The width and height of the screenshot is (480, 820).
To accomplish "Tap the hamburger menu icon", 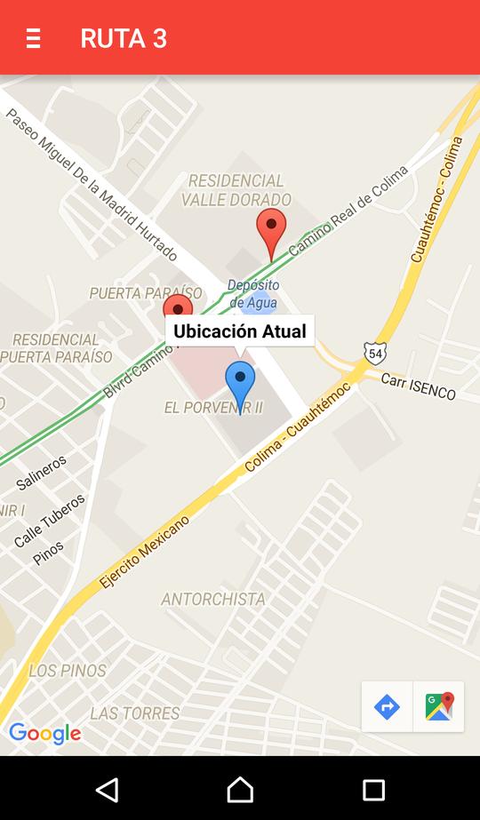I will point(33,38).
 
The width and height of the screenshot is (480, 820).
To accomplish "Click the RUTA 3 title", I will point(124,38).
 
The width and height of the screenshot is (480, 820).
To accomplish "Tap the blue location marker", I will point(240,384).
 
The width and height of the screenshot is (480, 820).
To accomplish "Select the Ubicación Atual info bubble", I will point(240,331).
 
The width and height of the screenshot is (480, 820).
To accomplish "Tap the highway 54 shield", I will point(375,351).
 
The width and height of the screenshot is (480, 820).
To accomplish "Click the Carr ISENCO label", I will point(418,386).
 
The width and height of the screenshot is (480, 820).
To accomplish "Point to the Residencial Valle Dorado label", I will point(236,190).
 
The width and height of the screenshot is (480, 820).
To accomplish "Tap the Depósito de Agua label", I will point(252,294).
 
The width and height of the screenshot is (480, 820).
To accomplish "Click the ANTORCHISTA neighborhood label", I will point(213,600).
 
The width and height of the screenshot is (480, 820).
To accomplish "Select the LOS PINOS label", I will point(68,671).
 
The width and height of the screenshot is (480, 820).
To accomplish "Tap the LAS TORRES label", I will point(135,713).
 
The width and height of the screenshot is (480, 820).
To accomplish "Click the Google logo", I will point(45,734).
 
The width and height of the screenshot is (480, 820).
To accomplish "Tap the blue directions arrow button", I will point(387,707).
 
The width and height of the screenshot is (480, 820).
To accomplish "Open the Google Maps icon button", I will point(439,707).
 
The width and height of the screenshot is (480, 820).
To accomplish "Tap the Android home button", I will point(240,790).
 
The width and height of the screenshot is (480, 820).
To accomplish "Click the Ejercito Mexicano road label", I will point(145,552).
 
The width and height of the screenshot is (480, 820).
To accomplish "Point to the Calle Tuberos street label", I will point(50,521).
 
